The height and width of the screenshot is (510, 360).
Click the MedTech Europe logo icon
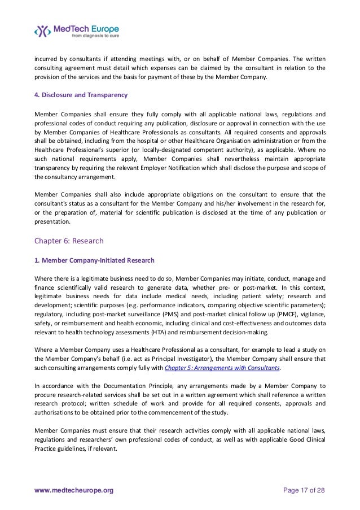[43, 30]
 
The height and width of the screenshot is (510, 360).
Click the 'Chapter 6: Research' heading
[69, 241]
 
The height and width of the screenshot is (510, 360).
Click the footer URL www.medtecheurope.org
[74, 491]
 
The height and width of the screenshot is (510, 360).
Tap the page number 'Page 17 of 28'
[304, 491]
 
